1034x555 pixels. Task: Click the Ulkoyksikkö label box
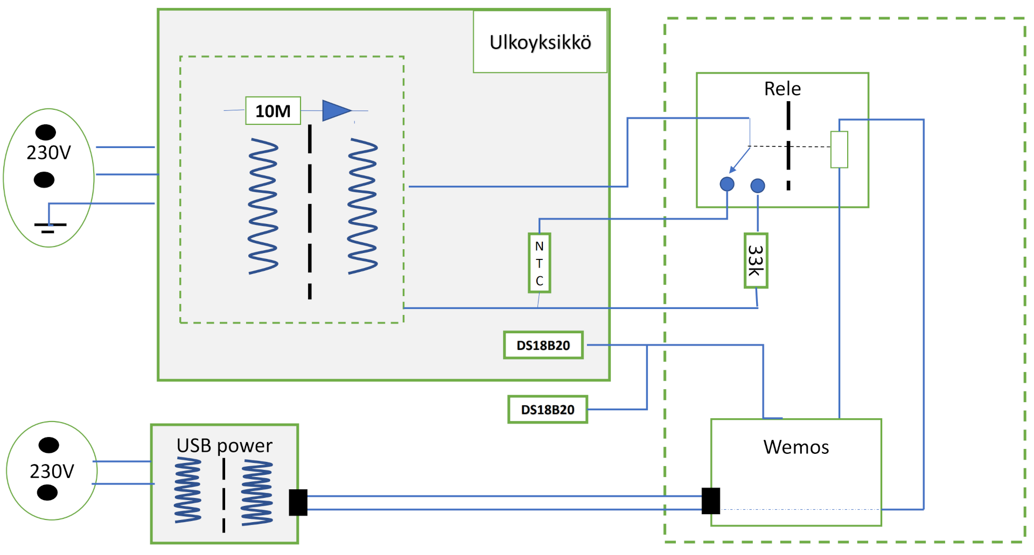(x=540, y=42)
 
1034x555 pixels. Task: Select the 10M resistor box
(x=273, y=111)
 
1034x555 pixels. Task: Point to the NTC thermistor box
(x=539, y=263)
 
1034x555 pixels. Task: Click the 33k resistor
(x=756, y=261)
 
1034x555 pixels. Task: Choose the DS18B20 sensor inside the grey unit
(x=543, y=345)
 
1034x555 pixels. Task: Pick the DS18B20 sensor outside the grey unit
(x=547, y=410)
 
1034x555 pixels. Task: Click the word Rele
(x=782, y=89)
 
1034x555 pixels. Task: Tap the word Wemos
(x=795, y=447)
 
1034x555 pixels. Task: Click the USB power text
(x=224, y=446)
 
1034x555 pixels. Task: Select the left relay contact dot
(x=727, y=184)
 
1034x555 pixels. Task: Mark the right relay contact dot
(x=757, y=186)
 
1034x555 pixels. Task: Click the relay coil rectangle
(x=839, y=149)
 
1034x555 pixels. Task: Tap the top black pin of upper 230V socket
(x=46, y=132)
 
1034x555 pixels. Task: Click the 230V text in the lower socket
(x=52, y=472)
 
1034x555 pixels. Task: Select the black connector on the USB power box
(x=298, y=502)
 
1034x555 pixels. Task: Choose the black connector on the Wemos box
(x=711, y=501)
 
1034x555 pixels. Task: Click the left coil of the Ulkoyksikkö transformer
(x=263, y=206)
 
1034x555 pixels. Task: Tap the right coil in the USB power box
(x=257, y=493)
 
